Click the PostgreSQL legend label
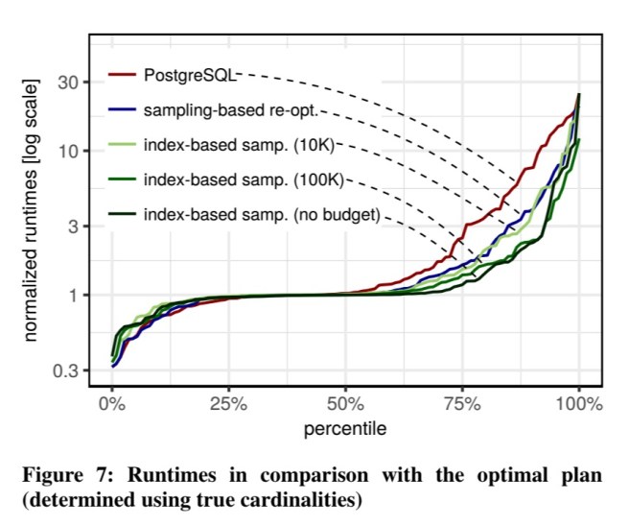[189, 74]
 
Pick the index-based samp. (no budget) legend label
[261, 214]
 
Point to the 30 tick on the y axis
[69, 83]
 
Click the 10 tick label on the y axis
[69, 151]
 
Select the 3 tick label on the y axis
[73, 227]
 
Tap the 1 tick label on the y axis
[73, 295]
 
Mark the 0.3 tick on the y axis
[66, 370]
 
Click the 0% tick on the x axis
[112, 404]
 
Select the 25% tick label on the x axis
[228, 404]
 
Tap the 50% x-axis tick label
[345, 404]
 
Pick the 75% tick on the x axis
[462, 404]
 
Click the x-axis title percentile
[345, 428]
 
